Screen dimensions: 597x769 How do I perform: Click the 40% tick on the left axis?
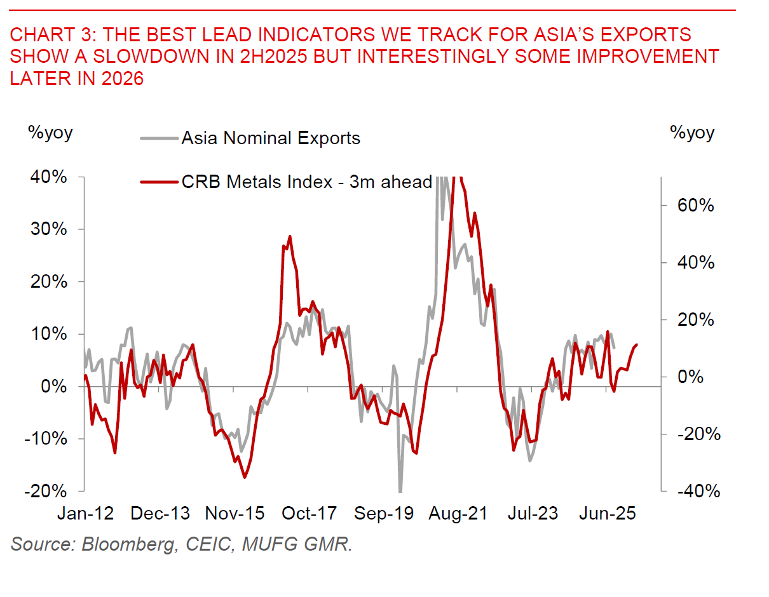pyautogui.click(x=49, y=177)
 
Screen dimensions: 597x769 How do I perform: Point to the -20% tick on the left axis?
pyautogui.click(x=46, y=491)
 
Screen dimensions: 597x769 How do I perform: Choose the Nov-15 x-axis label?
pyautogui.click(x=235, y=513)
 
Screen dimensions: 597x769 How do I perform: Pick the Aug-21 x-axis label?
pyautogui.click(x=458, y=513)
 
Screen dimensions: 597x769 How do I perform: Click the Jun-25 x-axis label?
pyautogui.click(x=607, y=513)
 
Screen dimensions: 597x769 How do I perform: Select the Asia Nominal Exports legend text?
pyautogui.click(x=271, y=138)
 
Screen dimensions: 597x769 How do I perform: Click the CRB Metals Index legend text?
pyautogui.click(x=306, y=182)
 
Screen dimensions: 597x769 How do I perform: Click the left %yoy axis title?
pyautogui.click(x=50, y=133)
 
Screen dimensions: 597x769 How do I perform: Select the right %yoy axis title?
pyautogui.click(x=691, y=133)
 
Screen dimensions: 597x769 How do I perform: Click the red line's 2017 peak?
pyautogui.click(x=290, y=236)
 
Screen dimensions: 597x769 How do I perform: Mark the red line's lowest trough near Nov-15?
pyautogui.click(x=244, y=478)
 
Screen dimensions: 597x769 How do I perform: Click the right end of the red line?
pyautogui.click(x=637, y=344)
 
